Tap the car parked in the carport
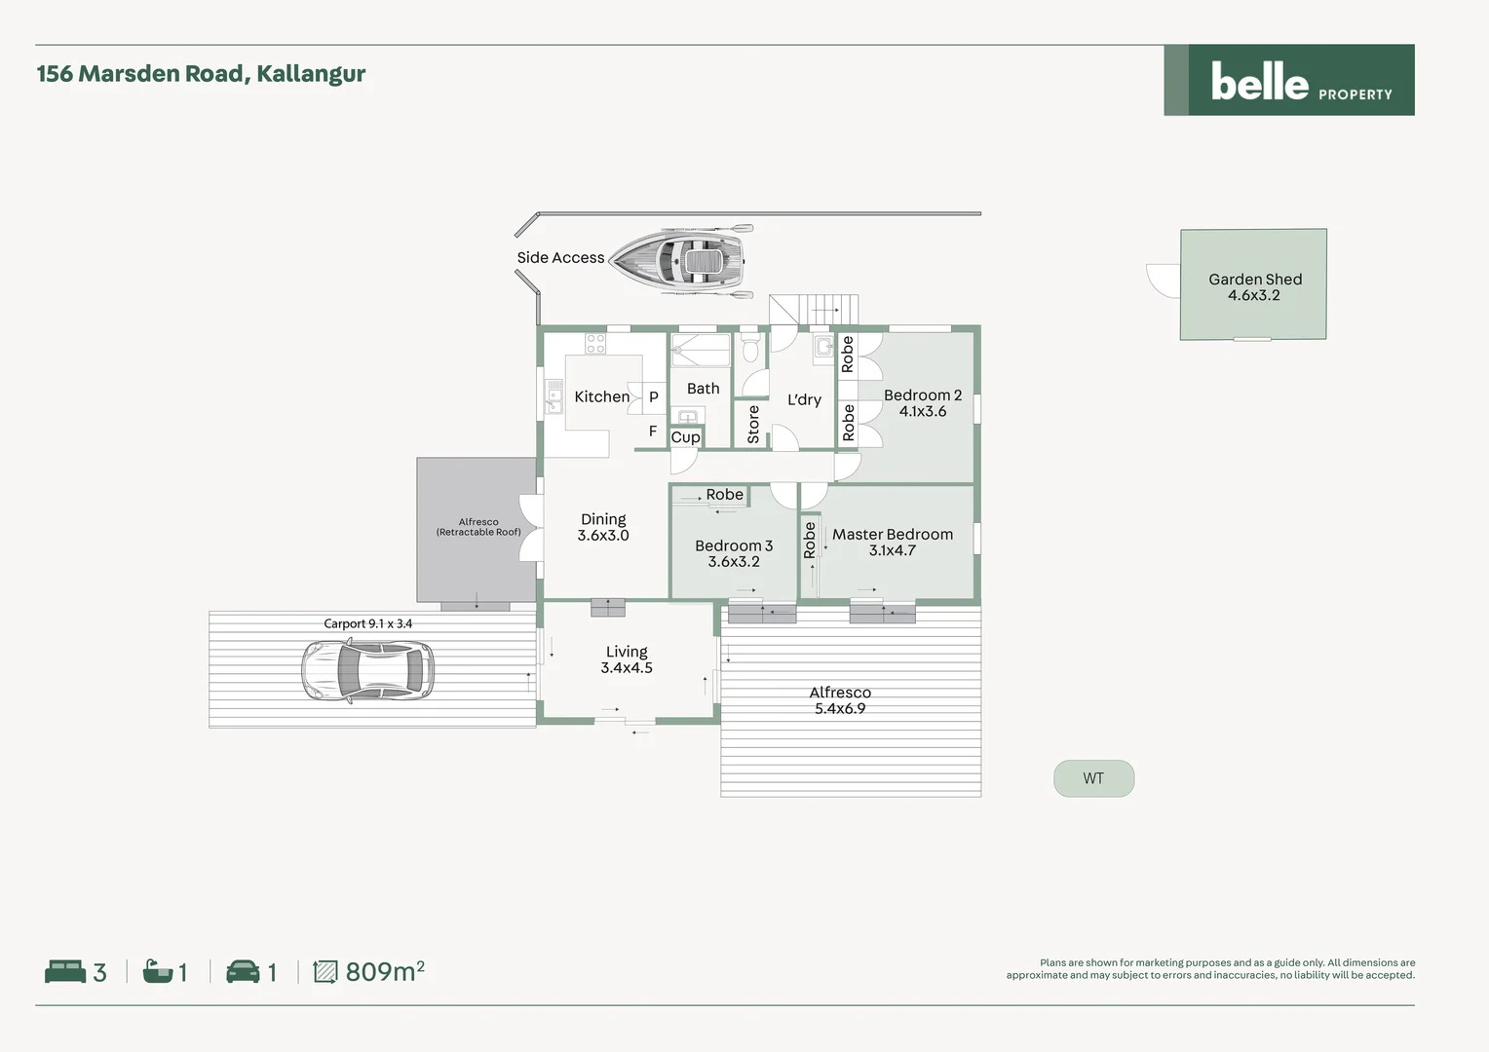point(366,670)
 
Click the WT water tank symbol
point(1093,778)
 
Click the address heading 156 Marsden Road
point(201,74)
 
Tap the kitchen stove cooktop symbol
point(595,344)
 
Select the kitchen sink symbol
point(554,396)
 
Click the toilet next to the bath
point(749,348)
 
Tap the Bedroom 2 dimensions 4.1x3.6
point(922,412)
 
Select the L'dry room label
point(804,399)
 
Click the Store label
point(753,425)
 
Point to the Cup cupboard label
point(685,437)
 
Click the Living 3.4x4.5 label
point(627,659)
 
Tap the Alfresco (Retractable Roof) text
point(477,527)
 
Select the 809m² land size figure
point(384,971)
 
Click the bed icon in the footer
point(65,971)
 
